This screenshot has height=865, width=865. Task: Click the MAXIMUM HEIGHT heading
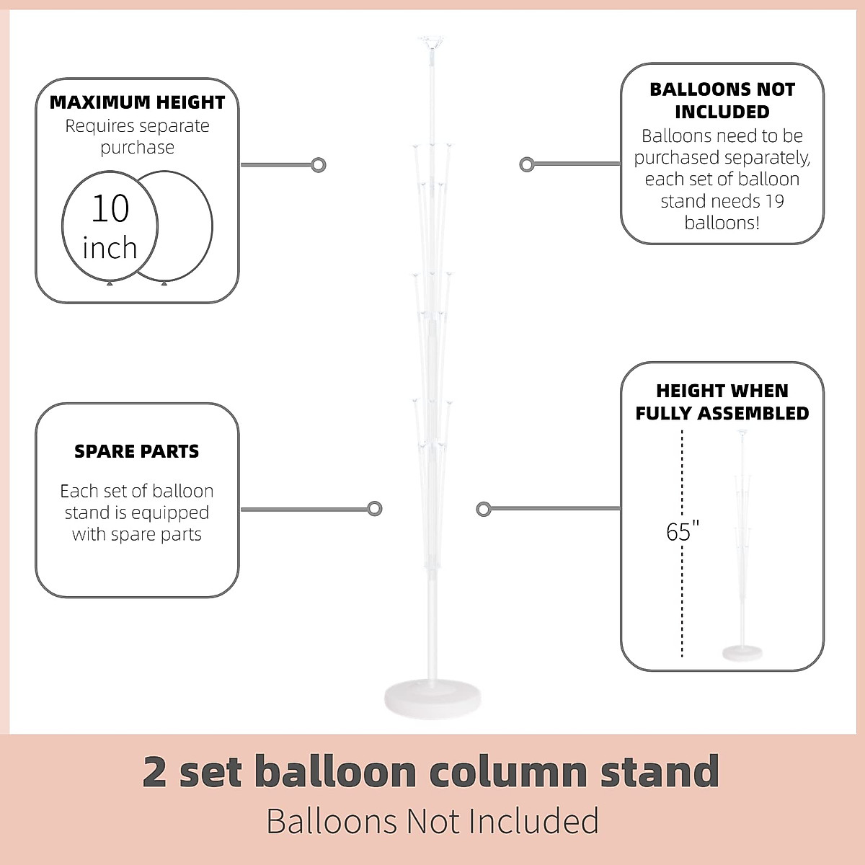[x=137, y=102]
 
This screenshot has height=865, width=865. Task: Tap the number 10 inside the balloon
[x=110, y=208]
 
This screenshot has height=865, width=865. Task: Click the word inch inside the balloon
[x=110, y=248]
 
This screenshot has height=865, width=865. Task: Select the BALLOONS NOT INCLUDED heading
[x=722, y=100]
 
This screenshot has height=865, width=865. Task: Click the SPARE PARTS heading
[x=137, y=451]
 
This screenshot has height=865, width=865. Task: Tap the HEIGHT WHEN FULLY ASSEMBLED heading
[x=722, y=402]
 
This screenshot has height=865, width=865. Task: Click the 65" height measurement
[x=683, y=532]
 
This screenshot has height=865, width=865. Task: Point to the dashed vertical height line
[x=682, y=591]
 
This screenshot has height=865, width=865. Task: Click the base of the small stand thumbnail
[x=742, y=652]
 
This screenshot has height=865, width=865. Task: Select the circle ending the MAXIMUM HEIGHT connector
[x=318, y=165]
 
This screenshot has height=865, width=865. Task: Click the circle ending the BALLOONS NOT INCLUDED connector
[x=527, y=164]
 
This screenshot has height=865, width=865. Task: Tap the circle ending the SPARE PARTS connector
[x=374, y=509]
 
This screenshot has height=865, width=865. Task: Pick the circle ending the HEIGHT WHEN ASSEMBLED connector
[x=484, y=510]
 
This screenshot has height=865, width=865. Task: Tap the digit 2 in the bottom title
[x=155, y=771]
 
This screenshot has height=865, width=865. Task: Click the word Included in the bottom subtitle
[x=534, y=820]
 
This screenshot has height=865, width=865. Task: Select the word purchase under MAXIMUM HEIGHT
[x=137, y=147]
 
